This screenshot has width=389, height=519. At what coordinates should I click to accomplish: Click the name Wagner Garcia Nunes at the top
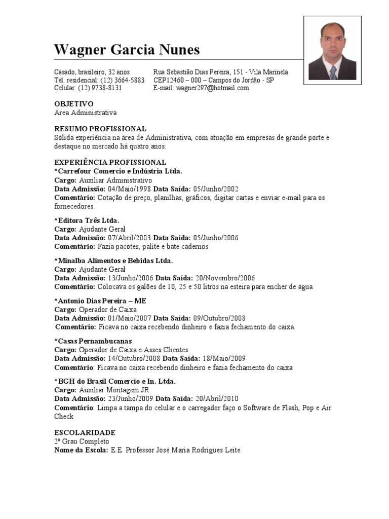click(x=127, y=50)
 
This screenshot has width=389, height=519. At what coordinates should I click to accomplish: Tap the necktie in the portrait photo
click(x=333, y=72)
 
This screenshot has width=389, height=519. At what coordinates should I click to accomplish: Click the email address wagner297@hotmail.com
click(x=212, y=88)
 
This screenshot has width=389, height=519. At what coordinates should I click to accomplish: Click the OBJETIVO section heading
click(x=74, y=103)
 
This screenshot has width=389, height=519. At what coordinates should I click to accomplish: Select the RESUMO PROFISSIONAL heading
click(x=100, y=129)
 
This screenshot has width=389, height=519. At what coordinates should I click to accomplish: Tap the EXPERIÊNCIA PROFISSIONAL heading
click(x=110, y=162)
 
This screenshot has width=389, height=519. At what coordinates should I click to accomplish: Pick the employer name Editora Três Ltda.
click(x=87, y=220)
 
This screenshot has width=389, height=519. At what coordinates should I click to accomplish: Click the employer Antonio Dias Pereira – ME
click(x=101, y=301)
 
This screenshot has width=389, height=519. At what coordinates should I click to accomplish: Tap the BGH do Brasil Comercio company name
click(x=116, y=381)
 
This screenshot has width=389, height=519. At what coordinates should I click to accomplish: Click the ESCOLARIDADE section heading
click(x=85, y=432)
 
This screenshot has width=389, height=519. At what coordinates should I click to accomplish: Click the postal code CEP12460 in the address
click(x=170, y=80)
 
